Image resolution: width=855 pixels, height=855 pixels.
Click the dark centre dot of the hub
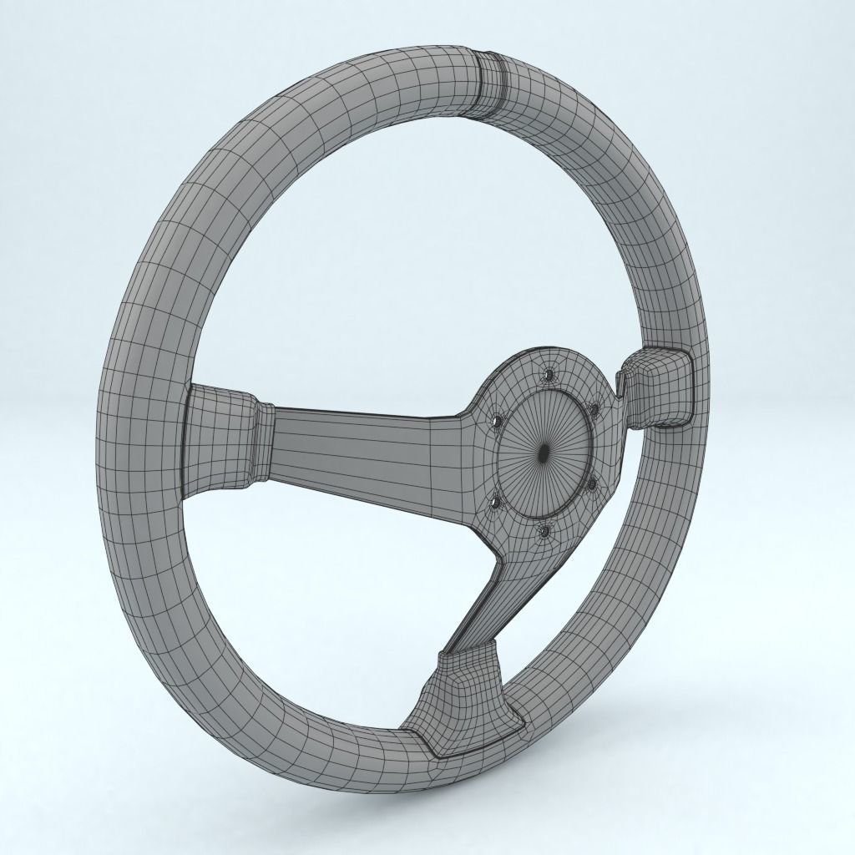[x=544, y=453]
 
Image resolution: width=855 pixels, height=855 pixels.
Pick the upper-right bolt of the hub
[x=594, y=409]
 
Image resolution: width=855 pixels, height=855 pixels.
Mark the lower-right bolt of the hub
[x=591, y=482]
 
